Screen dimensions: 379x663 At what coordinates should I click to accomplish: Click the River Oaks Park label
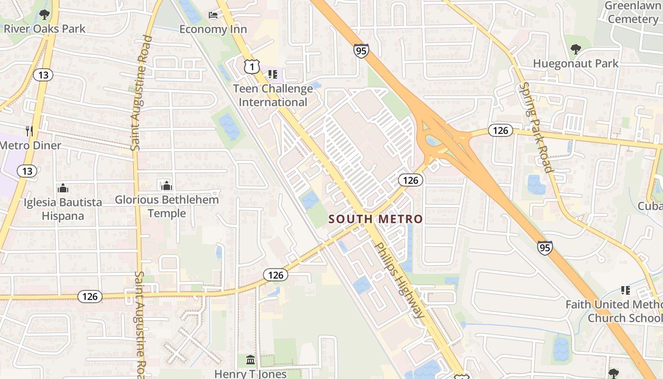click(x=45, y=28)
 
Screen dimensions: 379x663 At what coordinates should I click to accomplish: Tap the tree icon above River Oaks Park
click(x=44, y=15)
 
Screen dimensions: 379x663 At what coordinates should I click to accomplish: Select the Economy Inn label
click(x=213, y=29)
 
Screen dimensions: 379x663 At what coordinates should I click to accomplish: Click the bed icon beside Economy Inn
click(x=213, y=15)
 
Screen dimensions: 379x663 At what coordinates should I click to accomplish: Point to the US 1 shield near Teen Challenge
click(x=252, y=67)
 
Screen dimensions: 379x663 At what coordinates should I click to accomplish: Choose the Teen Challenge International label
click(x=273, y=95)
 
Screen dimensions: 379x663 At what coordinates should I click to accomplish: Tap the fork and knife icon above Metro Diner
click(x=30, y=131)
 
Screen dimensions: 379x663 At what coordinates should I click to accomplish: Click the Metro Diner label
click(x=31, y=145)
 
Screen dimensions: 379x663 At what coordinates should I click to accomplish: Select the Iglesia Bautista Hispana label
click(x=63, y=209)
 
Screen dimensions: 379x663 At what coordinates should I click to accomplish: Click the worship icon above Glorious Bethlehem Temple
click(x=166, y=185)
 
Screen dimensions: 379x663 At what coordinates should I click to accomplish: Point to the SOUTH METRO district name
click(x=376, y=219)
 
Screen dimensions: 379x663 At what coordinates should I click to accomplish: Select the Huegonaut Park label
click(x=575, y=63)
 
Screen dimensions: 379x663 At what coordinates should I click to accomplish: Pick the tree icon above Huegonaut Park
click(x=575, y=49)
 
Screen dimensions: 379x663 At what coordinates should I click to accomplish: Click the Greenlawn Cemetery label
click(x=632, y=13)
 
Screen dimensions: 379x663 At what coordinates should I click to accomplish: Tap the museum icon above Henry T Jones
click(x=251, y=360)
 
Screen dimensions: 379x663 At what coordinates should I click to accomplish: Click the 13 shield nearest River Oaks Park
click(x=43, y=75)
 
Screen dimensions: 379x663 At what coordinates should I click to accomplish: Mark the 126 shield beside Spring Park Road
click(x=501, y=130)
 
